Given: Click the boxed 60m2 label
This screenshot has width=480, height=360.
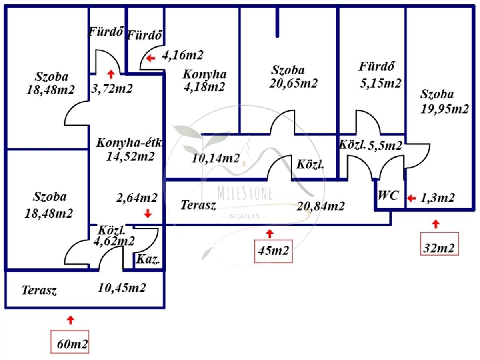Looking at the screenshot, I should click(x=70, y=343).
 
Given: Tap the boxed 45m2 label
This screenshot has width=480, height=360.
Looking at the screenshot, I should click(x=273, y=252).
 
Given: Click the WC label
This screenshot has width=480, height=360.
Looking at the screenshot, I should click(x=388, y=196).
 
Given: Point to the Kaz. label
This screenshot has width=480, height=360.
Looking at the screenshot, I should click(x=148, y=260).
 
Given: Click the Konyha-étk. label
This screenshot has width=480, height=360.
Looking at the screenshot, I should click(x=130, y=143).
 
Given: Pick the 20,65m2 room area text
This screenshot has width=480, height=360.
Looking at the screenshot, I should click(x=294, y=83).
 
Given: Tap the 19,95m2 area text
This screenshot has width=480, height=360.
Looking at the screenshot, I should click(x=444, y=109).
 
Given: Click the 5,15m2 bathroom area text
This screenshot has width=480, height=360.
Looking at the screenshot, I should click(x=380, y=83).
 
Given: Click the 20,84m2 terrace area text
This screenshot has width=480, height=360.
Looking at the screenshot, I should click(x=320, y=206).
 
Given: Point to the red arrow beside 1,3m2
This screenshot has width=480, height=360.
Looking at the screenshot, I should click(x=411, y=198).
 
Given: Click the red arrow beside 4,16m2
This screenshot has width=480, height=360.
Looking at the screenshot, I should click(x=150, y=58).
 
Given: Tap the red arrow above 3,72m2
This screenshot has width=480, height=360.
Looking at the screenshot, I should click(x=111, y=74).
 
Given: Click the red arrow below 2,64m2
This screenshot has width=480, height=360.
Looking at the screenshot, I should click(x=148, y=214).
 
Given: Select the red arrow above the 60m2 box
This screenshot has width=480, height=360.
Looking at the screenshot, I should click(x=70, y=320).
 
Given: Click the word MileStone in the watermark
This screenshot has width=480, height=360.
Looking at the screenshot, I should click(x=245, y=193).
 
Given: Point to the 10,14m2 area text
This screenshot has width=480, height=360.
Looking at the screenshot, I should click(x=216, y=158).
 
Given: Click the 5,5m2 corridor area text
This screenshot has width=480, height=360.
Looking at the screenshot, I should click(x=385, y=146).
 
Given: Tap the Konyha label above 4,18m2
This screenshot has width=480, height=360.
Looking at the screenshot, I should click(x=204, y=74).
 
